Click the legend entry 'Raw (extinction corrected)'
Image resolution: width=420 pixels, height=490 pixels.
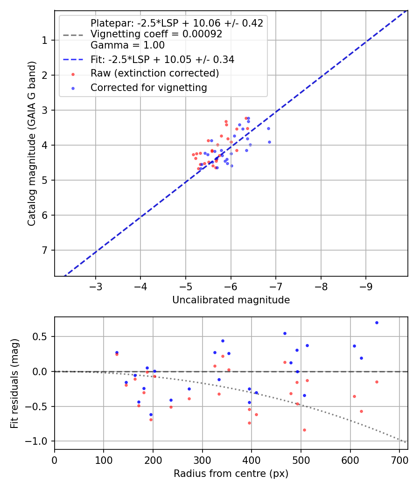[154, 73]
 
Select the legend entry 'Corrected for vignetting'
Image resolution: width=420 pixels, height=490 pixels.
[148, 87]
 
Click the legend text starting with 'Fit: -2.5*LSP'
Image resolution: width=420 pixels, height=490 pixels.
[162, 59]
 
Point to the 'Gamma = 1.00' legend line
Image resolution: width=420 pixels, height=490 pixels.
[127, 45]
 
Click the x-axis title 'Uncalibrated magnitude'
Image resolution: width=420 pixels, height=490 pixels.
[231, 300]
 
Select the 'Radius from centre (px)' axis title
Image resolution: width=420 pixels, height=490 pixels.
[231, 474]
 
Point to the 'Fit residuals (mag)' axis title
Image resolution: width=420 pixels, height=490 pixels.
[15, 383]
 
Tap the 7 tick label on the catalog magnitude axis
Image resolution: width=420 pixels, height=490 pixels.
[45, 250]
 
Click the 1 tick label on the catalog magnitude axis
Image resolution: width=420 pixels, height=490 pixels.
[45, 40]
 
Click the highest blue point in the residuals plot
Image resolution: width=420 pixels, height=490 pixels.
[377, 322]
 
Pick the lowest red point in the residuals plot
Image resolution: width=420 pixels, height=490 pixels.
[304, 430]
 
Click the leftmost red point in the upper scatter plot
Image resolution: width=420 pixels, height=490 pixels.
[193, 154]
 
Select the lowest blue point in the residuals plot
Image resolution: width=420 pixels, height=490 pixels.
[151, 414]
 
